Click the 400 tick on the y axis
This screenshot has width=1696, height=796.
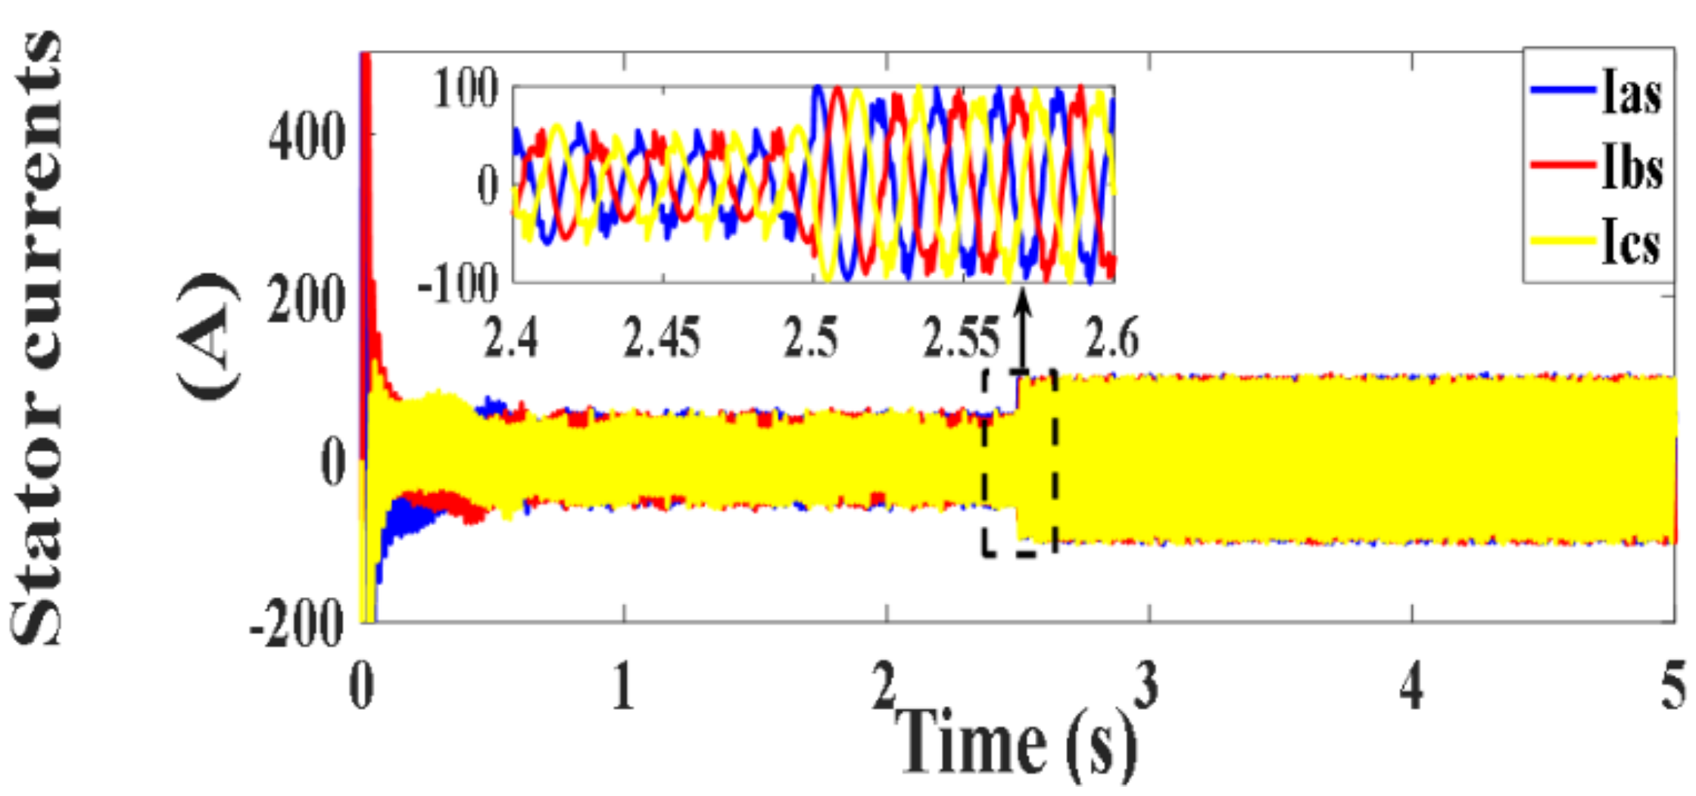[307, 138]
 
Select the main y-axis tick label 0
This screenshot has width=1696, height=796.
[333, 462]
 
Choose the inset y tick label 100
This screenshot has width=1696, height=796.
[465, 89]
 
